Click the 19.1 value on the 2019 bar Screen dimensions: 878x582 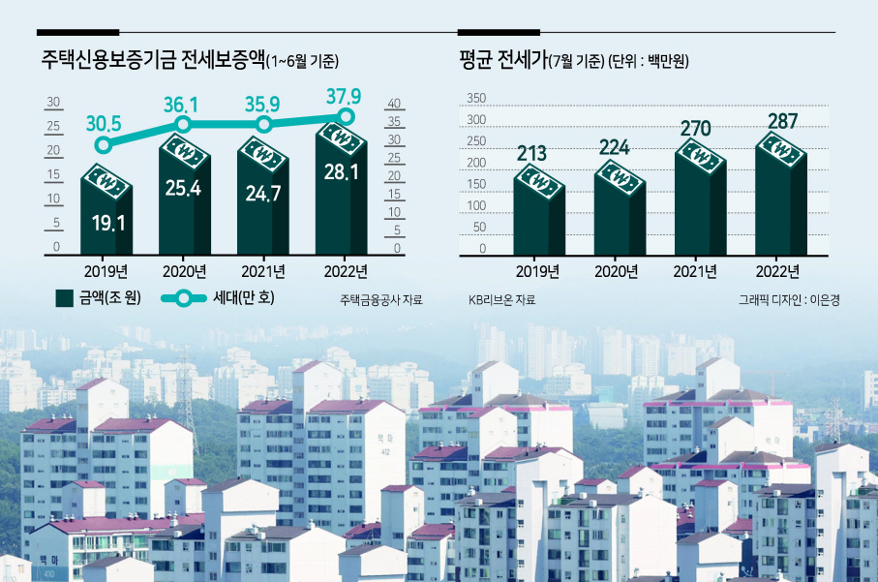[108, 224]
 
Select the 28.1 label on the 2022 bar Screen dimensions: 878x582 [341, 172]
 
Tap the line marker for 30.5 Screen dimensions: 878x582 [103, 145]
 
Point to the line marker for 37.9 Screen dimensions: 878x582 [347, 116]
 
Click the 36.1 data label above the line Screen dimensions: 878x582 [181, 105]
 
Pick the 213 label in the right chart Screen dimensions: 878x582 [531, 153]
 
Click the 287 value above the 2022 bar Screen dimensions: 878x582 [782, 121]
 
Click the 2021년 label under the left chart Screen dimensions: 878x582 [263, 272]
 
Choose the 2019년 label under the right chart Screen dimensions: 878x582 [537, 272]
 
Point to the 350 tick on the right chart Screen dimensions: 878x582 [476, 98]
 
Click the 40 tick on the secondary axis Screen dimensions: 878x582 [394, 103]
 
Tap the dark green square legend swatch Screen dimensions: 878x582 [65, 298]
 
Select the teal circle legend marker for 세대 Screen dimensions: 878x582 [183, 298]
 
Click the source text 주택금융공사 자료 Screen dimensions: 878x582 [381, 300]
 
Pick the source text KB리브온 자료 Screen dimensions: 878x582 [501, 300]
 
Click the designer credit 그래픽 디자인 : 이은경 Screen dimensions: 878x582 [789, 300]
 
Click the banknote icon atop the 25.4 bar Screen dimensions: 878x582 [185, 150]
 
